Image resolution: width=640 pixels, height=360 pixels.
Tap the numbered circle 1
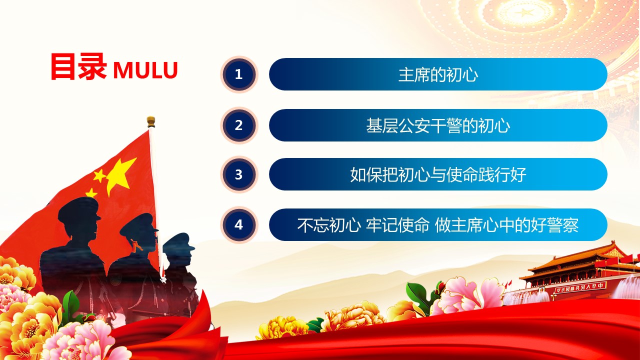click(x=239, y=74)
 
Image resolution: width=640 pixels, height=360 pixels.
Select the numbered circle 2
click(x=239, y=125)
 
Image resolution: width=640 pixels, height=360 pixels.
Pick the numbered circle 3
click(x=239, y=174)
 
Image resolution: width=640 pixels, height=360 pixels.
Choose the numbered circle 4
click(x=239, y=225)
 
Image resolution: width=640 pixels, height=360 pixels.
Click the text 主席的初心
click(x=438, y=74)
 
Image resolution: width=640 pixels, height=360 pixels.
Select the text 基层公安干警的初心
click(x=438, y=125)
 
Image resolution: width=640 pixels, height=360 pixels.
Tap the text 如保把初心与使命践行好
click(x=438, y=174)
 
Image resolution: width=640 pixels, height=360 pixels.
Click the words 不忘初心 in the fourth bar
click(x=328, y=225)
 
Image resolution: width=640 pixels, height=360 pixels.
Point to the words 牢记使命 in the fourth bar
click(x=397, y=225)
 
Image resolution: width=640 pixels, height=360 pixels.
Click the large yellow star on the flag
click(x=120, y=175)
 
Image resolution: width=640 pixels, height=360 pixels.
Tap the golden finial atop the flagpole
click(x=151, y=122)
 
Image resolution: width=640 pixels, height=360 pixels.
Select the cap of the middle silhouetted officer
click(x=139, y=225)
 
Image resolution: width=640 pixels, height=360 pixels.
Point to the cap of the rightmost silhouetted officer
click(x=178, y=241)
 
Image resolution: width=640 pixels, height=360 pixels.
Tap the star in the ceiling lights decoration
click(x=523, y=13)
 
